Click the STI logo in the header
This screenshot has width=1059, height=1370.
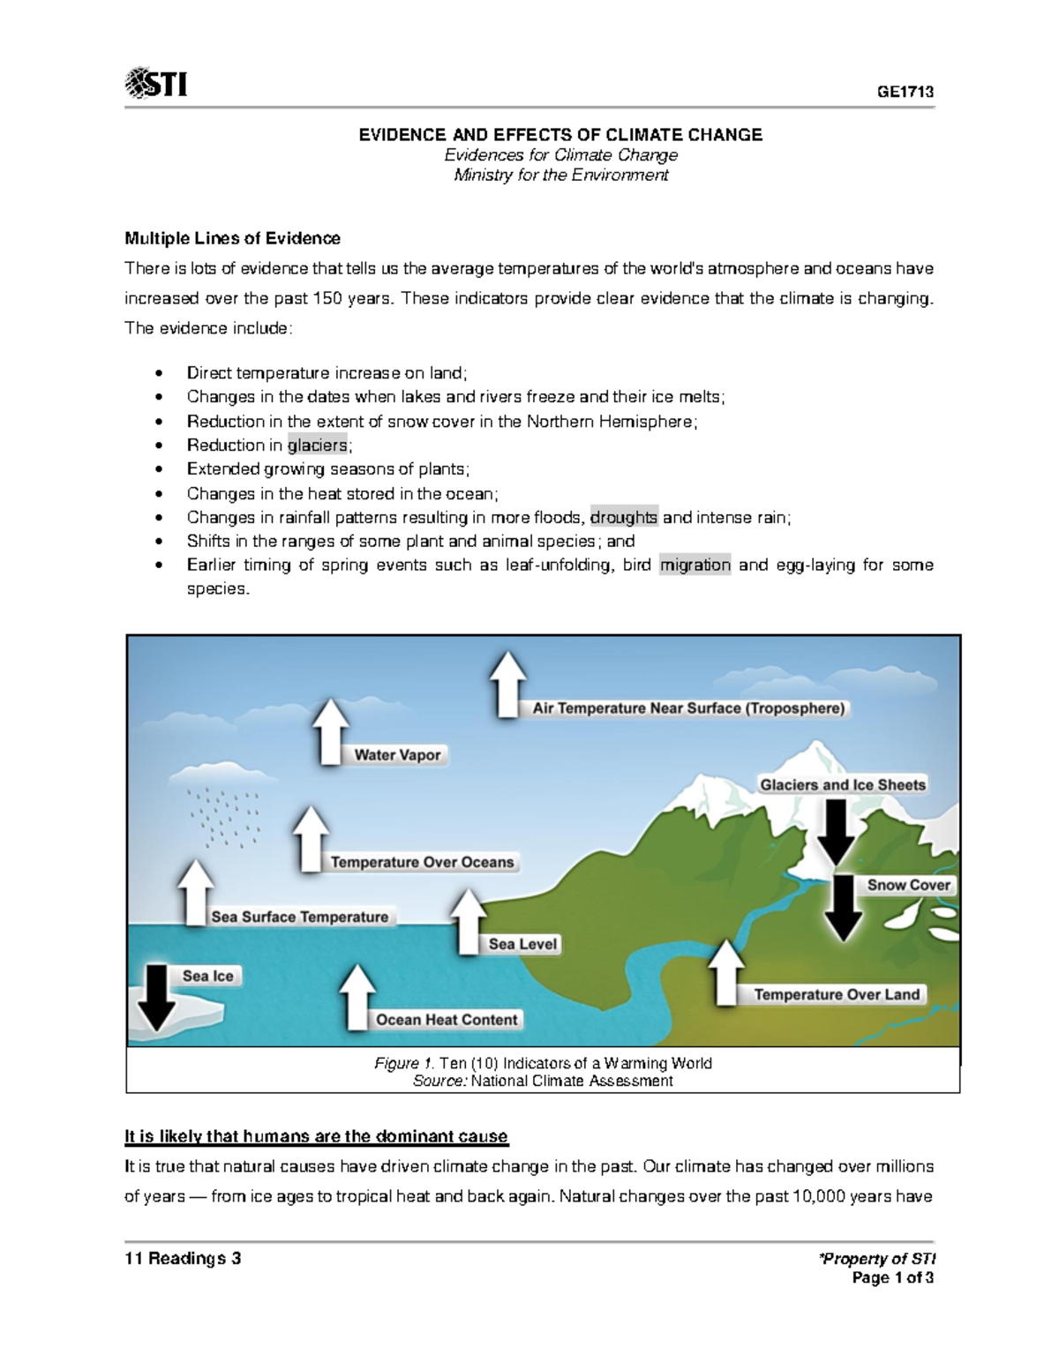tap(156, 85)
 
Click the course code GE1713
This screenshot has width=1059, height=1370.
tap(905, 93)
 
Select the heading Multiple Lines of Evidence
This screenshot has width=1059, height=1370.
tap(232, 238)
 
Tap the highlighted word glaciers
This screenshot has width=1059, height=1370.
tap(318, 445)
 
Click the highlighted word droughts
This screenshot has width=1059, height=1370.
tap(624, 518)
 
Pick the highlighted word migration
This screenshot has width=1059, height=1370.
tap(695, 565)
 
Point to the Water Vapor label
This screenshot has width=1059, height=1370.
tap(397, 755)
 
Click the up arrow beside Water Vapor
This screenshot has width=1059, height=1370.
tap(331, 732)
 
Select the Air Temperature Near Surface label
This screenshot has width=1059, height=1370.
tap(688, 708)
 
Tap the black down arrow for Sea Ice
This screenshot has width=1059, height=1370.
tap(157, 997)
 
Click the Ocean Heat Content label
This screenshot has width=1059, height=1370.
tap(447, 1020)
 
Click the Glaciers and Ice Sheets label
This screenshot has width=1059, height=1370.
tap(843, 785)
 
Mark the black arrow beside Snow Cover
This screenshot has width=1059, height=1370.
tap(844, 909)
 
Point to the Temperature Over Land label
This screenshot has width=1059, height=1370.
tap(837, 995)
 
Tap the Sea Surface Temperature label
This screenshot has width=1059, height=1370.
tap(300, 917)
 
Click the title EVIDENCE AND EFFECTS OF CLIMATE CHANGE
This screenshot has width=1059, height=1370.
tap(560, 135)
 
